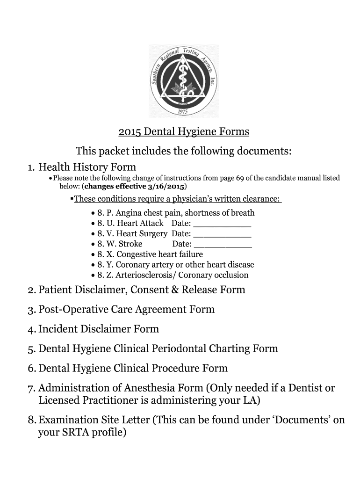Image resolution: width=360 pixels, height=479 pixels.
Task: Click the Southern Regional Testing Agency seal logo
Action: [x=183, y=80]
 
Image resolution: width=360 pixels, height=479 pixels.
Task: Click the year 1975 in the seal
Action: [x=183, y=111]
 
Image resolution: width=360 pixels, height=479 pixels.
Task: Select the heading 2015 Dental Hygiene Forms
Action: [x=183, y=132]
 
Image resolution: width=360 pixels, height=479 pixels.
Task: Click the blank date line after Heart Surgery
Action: [x=222, y=234]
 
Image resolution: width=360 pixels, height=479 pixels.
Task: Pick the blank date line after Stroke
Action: [x=223, y=244]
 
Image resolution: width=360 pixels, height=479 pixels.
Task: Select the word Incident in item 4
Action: [x=59, y=329]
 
